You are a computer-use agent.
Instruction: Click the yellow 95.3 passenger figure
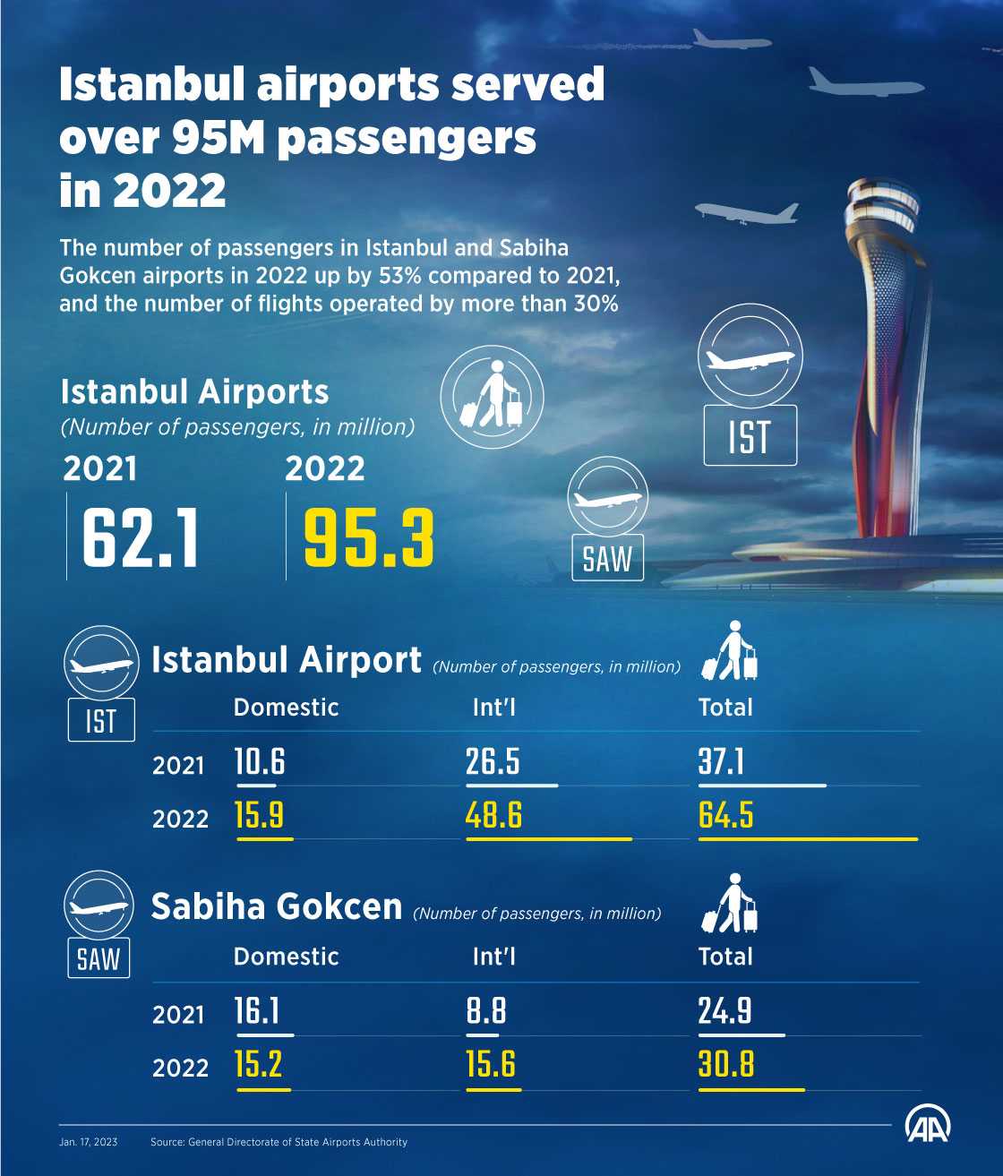point(369,538)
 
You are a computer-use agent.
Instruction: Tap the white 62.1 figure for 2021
point(141,538)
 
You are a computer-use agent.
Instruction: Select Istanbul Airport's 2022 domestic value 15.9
point(260,816)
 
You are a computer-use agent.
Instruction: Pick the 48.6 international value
point(493,816)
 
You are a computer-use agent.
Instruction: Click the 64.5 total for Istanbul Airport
point(726,816)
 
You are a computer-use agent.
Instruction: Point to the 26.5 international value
point(493,762)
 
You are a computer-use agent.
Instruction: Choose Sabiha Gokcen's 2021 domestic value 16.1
point(257,1011)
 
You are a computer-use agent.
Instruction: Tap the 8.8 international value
point(486,1011)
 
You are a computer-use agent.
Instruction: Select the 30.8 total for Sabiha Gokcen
point(726,1065)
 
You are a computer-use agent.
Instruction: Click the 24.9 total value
point(725,1011)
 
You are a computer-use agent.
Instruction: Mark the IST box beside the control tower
point(750,436)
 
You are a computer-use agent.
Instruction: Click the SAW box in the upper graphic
point(607,559)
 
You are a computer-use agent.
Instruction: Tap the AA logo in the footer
point(928,1126)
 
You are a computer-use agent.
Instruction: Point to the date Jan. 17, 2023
point(89,1142)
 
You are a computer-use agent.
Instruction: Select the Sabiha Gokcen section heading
point(277,906)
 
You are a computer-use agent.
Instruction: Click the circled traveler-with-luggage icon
point(492,398)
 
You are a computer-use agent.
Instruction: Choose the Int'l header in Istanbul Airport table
point(494,708)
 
